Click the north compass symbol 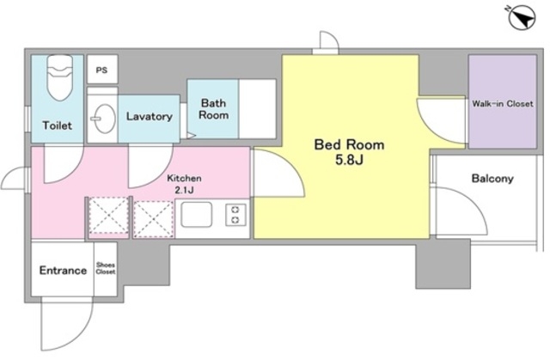[522, 17]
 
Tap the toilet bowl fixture [60, 77]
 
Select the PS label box [102, 70]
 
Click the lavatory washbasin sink [104, 119]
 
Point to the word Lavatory [149, 116]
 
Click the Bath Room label [213, 109]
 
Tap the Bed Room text [349, 144]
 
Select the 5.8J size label [349, 160]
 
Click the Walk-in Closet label [502, 104]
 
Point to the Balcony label [492, 179]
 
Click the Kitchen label [184, 178]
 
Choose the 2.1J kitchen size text [184, 191]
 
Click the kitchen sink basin [197, 214]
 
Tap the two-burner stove [235, 215]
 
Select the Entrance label [63, 271]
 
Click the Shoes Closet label [106, 268]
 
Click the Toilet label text [58, 125]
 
